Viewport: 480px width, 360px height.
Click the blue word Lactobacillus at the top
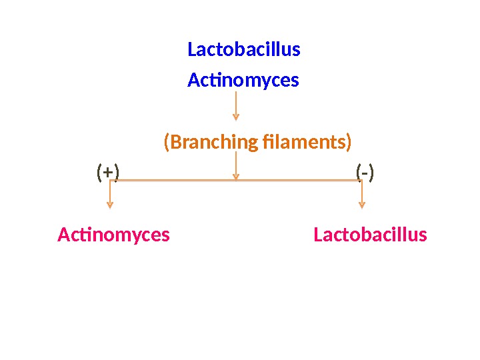244,50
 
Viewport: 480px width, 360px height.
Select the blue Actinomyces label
243,81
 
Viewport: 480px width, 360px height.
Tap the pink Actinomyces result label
113,235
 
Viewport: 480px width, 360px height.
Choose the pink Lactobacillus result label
370,235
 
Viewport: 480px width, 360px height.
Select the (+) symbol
108,173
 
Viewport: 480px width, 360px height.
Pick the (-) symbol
365,173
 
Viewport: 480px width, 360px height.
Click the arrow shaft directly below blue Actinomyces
236,103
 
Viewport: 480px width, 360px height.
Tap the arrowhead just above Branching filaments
236,117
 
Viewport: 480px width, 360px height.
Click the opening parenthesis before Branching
167,143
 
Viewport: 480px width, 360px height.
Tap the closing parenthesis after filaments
349,143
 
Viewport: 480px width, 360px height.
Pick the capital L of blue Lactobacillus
192,50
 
